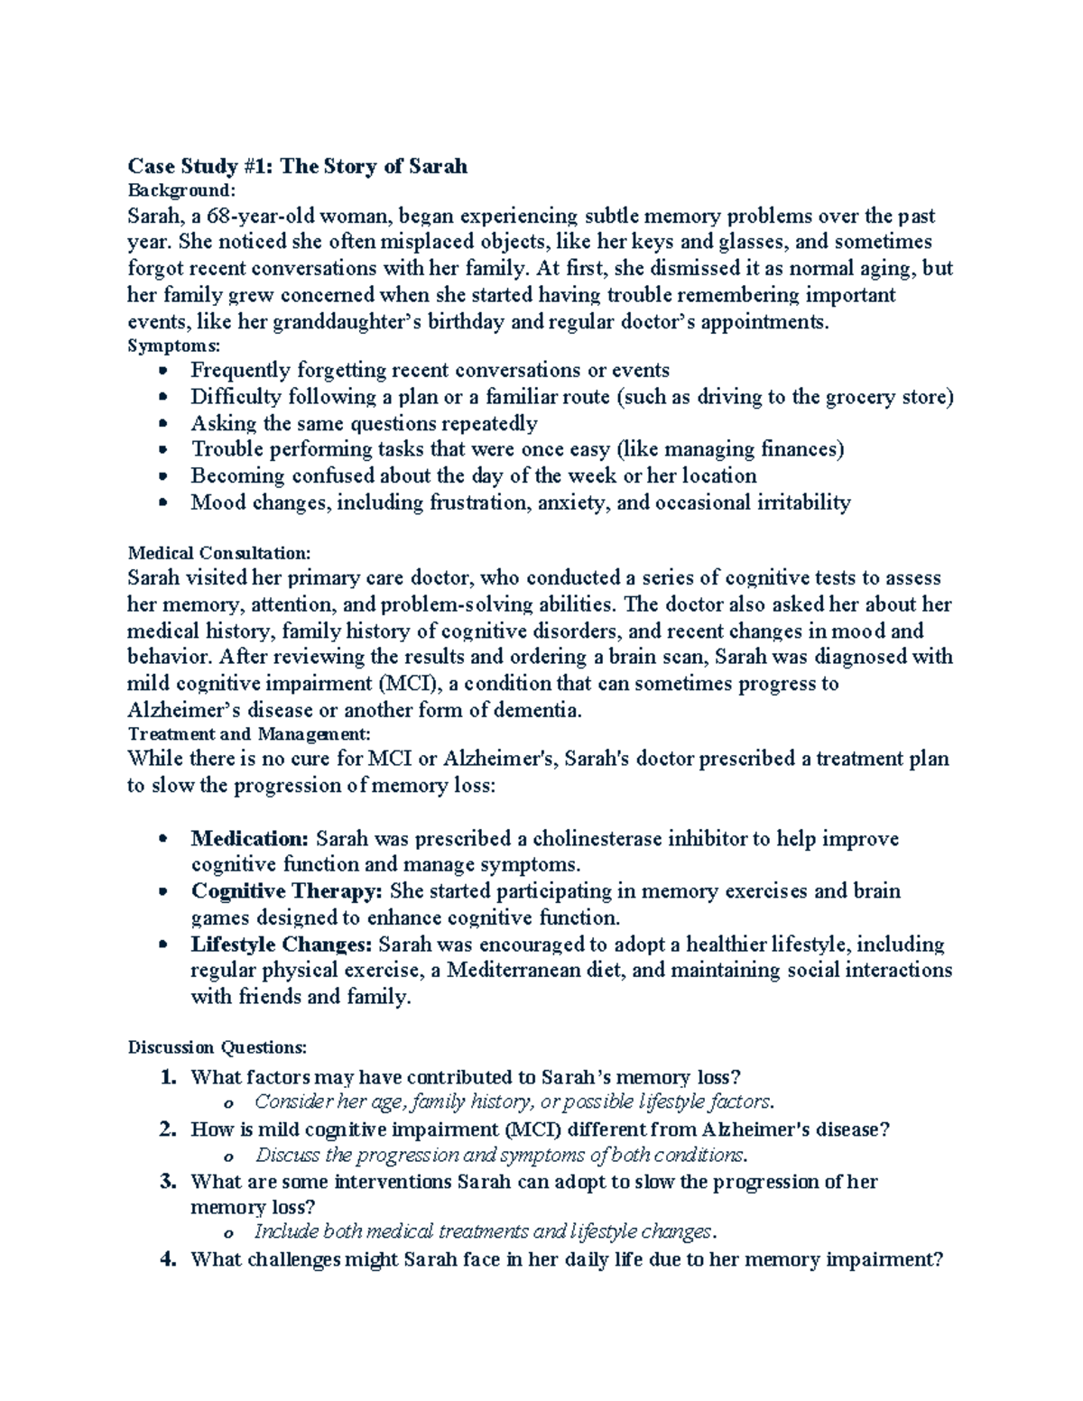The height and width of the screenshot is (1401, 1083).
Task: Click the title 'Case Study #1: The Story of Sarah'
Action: [x=297, y=166]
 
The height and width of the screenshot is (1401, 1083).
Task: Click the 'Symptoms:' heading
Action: [x=173, y=346]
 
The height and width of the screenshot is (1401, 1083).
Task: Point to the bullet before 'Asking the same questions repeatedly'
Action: [x=162, y=423]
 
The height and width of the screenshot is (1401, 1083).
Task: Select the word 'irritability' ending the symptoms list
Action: [x=800, y=502]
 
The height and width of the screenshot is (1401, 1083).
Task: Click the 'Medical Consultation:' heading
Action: [x=219, y=553]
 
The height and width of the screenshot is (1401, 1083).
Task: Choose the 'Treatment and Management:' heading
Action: [x=249, y=734]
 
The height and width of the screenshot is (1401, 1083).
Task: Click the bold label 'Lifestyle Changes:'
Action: [x=282, y=945]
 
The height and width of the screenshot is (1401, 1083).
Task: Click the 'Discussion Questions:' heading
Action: [x=218, y=1047]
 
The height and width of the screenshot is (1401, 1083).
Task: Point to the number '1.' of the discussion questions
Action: [x=167, y=1077]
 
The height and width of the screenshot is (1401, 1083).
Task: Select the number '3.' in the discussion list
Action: [x=167, y=1182]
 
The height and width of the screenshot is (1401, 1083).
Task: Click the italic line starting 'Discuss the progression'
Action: [x=501, y=1156]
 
